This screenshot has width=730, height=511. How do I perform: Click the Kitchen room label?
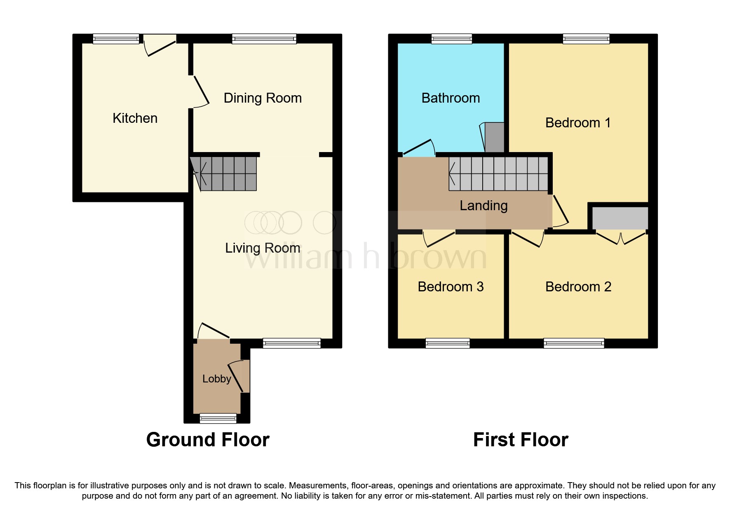pyautogui.click(x=135, y=118)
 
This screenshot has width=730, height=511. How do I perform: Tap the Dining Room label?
pyautogui.click(x=263, y=98)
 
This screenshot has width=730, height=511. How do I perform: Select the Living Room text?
pyautogui.click(x=263, y=248)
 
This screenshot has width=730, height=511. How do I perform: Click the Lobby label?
pyautogui.click(x=216, y=379)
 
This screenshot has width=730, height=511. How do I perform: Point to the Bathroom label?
pyautogui.click(x=451, y=98)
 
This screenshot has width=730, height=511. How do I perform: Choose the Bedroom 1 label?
pyautogui.click(x=577, y=123)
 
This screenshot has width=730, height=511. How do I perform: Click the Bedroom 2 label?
pyautogui.click(x=578, y=287)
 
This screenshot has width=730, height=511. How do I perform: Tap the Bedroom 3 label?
pyautogui.click(x=451, y=287)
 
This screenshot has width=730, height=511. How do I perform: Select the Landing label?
pyautogui.click(x=484, y=206)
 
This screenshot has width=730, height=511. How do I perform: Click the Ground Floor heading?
pyautogui.click(x=208, y=440)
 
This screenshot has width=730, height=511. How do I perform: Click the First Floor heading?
pyautogui.click(x=521, y=440)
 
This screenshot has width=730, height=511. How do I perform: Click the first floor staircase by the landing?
pyautogui.click(x=499, y=173)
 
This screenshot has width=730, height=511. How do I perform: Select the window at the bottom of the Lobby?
pyautogui.click(x=218, y=419)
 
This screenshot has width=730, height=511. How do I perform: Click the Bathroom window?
pyautogui.click(x=451, y=39)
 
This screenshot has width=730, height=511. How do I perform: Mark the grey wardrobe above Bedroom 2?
pyautogui.click(x=620, y=218)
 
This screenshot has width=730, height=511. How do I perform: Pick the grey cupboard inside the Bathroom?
pyautogui.click(x=494, y=137)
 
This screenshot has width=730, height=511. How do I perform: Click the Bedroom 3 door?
pyautogui.click(x=439, y=238)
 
